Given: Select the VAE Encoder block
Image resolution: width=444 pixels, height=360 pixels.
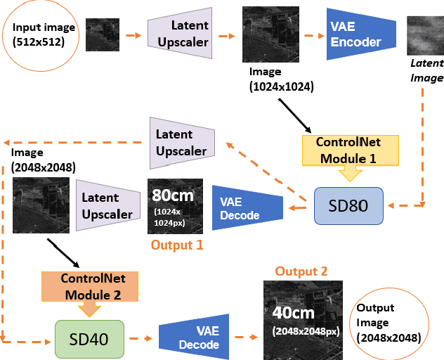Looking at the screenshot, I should click(356, 34).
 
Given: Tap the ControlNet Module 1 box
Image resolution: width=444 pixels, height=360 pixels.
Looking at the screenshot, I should click(348, 150).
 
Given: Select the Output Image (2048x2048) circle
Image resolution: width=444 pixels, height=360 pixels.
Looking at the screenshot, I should click(389, 323).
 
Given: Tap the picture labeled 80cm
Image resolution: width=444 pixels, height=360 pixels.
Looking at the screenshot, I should click(175, 205).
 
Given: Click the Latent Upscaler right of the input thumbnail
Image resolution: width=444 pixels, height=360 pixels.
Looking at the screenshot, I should click(181, 33).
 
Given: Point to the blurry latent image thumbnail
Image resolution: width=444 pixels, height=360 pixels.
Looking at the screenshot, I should click(425, 36).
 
